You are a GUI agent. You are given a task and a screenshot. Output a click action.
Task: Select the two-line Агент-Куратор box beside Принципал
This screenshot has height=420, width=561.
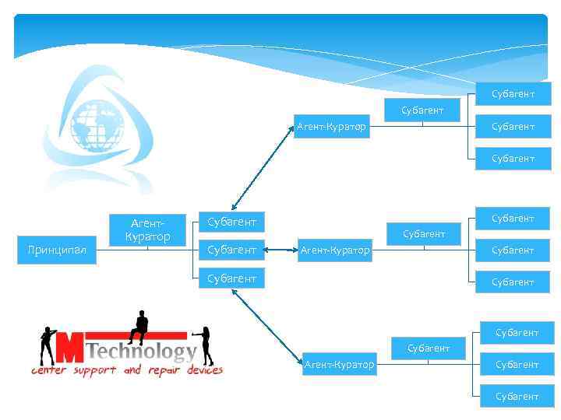(147, 230)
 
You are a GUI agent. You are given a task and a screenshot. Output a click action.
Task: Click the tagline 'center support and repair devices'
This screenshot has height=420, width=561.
(127, 371)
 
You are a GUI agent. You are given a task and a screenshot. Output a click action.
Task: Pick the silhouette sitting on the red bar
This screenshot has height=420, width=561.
(140, 327)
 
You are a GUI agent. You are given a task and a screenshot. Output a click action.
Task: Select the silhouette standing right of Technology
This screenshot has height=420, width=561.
(206, 345)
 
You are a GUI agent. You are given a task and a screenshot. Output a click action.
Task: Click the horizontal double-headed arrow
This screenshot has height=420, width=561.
(281, 250)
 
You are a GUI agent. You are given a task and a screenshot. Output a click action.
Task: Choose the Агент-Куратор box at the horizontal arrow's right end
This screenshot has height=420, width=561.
(335, 250)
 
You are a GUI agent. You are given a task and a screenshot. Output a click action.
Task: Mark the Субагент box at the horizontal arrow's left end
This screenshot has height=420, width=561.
(231, 250)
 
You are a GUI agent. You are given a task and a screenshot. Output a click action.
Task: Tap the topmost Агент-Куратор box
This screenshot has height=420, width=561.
(331, 127)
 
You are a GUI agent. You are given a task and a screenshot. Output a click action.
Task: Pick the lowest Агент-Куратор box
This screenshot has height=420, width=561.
(339, 365)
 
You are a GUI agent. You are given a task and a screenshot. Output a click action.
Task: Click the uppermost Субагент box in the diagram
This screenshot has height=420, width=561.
(513, 94)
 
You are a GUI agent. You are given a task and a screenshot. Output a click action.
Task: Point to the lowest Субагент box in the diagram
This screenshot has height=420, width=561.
(515, 397)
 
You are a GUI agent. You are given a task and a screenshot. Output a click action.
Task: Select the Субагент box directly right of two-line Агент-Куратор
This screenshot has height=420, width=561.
(231, 222)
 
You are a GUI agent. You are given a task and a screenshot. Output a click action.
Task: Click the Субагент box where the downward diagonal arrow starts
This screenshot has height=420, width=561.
(231, 278)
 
